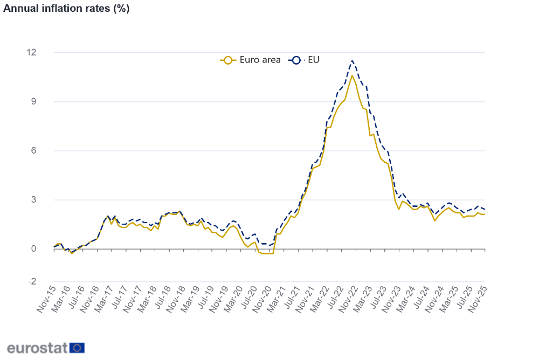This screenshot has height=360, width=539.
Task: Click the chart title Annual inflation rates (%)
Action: click(66, 9)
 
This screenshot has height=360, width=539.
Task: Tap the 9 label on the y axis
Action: click(34, 101)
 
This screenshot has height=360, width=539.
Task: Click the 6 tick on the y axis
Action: click(34, 150)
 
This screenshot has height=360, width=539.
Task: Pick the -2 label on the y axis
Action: click(32, 281)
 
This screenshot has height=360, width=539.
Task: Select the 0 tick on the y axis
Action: click(34, 248)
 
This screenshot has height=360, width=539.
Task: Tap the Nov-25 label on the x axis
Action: click(478, 299)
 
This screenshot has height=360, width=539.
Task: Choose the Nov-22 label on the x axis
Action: click(348, 299)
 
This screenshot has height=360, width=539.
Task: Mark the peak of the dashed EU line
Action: click(352, 60)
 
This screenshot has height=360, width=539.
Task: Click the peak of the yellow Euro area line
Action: click(352, 75)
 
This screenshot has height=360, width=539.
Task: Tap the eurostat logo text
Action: click(37, 348)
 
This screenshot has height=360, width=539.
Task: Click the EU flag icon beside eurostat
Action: click(77, 348)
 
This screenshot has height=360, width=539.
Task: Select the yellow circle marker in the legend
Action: click(229, 60)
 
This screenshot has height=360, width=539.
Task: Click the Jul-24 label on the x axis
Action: click(420, 299)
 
